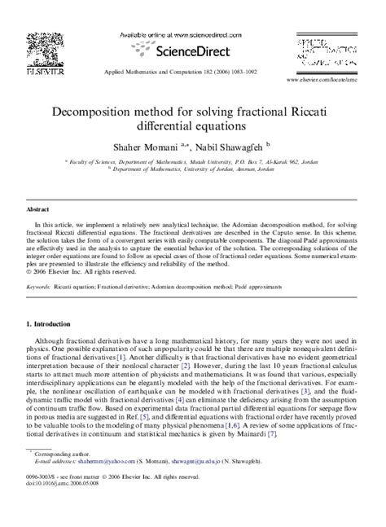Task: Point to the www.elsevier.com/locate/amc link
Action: [x=334, y=82]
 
